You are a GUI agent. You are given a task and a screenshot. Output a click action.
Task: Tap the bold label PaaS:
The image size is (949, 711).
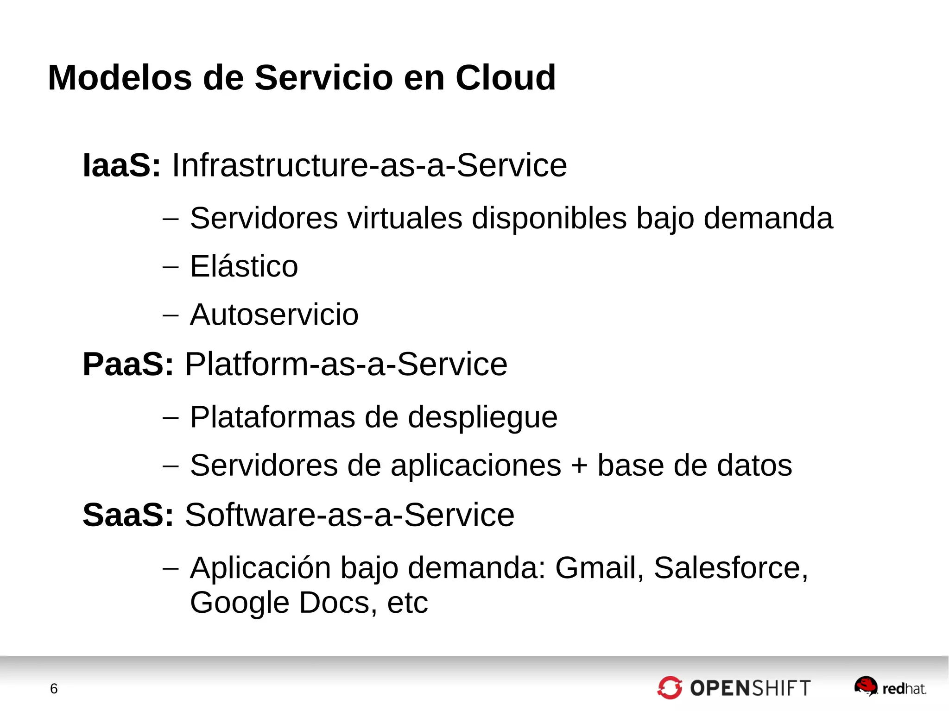(128, 364)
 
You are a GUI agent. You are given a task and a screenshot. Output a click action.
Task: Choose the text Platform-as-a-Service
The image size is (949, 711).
(346, 364)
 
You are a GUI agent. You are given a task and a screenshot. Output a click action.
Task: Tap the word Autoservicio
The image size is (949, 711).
(274, 315)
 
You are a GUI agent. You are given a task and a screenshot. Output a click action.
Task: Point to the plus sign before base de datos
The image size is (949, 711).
(579, 466)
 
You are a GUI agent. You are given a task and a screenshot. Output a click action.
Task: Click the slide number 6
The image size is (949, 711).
(54, 689)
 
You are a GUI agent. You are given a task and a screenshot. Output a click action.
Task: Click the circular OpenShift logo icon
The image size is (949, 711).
(670, 688)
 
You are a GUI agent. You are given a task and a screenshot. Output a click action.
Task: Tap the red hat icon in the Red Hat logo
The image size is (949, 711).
(866, 685)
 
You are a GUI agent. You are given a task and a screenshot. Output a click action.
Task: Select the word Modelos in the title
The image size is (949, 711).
(120, 77)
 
